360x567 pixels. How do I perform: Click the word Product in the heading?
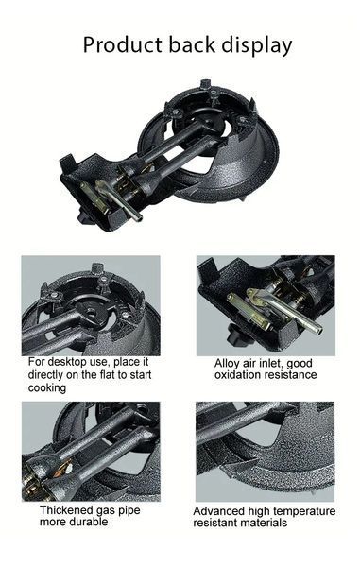[x=123, y=44]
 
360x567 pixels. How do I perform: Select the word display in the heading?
[x=257, y=46]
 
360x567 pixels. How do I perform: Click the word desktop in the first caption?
[x=78, y=362]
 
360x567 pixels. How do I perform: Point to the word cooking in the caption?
[x=47, y=387]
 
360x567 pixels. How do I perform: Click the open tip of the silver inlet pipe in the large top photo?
[x=138, y=218]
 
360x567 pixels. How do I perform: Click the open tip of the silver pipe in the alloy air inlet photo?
[x=317, y=330]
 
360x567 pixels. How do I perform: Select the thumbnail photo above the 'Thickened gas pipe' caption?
[x=91, y=452]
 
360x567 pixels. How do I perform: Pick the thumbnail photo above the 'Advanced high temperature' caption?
[x=265, y=452]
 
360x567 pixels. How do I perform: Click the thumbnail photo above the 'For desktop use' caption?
[x=91, y=305]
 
